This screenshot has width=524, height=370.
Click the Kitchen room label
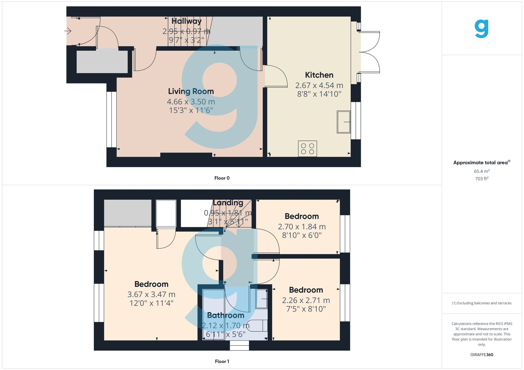[319, 75]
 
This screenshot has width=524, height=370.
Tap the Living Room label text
[191, 91]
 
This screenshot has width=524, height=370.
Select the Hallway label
[186, 21]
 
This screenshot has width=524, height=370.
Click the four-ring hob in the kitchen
[307, 149]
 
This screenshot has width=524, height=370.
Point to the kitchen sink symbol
[343, 122]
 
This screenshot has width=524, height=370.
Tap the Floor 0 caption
[222, 178]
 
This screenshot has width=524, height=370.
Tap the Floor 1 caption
[222, 361]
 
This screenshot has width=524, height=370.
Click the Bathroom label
[225, 315]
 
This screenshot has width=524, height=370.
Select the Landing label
[228, 203]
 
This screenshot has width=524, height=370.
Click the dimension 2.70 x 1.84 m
[302, 227]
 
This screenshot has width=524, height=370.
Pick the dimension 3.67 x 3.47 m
[151, 294]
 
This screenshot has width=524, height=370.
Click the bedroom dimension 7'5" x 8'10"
[306, 309]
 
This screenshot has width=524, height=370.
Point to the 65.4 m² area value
[482, 171]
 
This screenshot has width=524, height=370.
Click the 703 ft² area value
[482, 179]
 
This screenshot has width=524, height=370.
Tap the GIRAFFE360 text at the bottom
[482, 355]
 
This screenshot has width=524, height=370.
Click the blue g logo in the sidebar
[482, 29]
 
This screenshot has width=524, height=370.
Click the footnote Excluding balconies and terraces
[482, 303]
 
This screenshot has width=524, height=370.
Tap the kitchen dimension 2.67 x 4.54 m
[319, 86]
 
